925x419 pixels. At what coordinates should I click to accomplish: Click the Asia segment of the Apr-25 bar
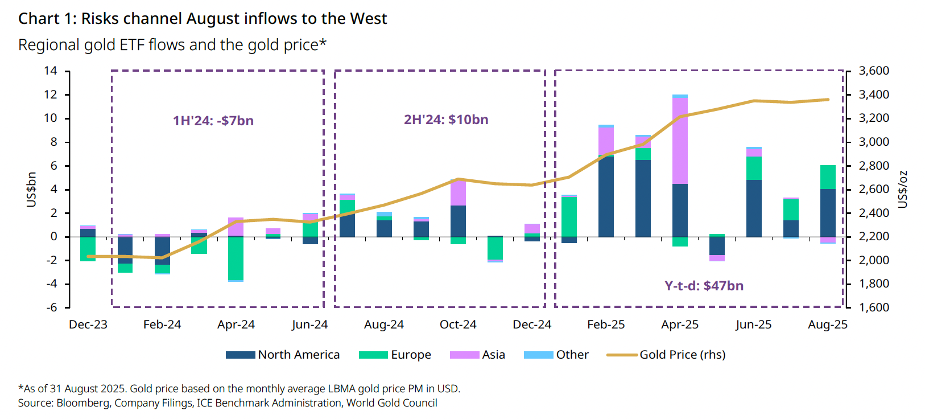coord(680,140)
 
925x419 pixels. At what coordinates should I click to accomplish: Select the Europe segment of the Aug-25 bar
coord(828,177)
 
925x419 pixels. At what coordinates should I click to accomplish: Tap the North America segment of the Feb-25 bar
coord(606,196)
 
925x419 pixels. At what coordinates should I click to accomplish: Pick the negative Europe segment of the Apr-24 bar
coord(236,258)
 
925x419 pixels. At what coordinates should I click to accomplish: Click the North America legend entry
coord(283,355)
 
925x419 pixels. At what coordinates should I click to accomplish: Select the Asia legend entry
coord(477,355)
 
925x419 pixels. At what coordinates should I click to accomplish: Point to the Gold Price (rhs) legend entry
coord(666,355)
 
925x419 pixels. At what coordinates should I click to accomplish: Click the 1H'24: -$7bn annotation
coord(213,121)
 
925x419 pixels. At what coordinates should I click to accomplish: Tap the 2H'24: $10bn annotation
coord(446,120)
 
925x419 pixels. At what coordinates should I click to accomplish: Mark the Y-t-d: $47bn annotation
coord(704,286)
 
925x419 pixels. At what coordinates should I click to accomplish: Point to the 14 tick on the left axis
coord(51,71)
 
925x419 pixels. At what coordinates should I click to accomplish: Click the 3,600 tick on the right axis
coord(873,71)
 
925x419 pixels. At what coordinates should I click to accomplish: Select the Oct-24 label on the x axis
coord(458,324)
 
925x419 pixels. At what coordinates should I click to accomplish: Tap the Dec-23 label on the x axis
coord(88,324)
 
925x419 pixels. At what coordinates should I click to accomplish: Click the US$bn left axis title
coord(32,189)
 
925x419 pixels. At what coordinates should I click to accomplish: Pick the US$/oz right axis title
coord(902,189)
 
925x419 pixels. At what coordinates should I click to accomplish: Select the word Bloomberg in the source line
coord(83,403)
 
